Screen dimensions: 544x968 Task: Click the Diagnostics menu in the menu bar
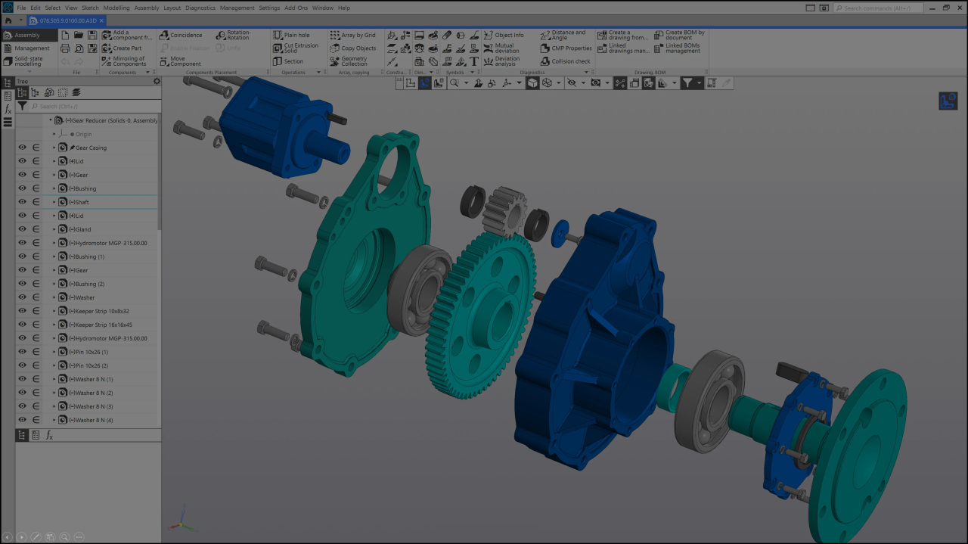[200, 8]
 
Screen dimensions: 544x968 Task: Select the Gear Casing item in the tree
[91, 148]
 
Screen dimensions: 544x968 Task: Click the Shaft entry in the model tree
[82, 202]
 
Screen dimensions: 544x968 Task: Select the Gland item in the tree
[82, 229]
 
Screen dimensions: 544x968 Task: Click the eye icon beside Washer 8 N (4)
[23, 420]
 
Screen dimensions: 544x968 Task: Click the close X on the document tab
[102, 20]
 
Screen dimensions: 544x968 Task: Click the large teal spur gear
[484, 318]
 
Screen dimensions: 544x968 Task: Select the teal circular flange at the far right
[862, 446]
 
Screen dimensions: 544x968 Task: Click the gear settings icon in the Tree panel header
[157, 81]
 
